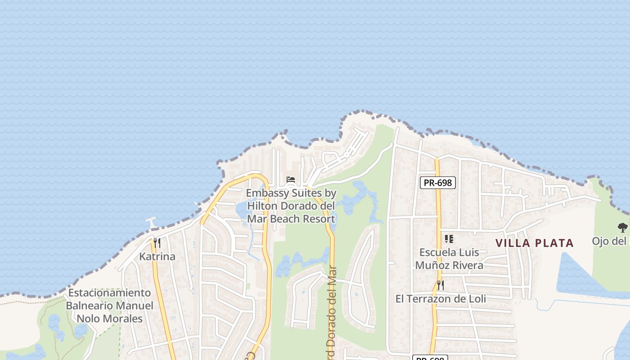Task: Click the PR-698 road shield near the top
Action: click(438, 183)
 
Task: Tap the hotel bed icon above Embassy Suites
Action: click(291, 180)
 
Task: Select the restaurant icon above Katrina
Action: click(157, 243)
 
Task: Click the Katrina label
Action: click(157, 256)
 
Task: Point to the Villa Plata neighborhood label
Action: click(534, 243)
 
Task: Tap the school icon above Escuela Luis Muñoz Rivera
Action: click(449, 239)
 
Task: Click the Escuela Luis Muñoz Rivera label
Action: click(449, 259)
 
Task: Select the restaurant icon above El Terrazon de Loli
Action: click(440, 285)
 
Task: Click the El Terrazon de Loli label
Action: click(441, 299)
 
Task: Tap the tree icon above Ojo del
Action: click(622, 228)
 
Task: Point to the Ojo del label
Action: click(610, 241)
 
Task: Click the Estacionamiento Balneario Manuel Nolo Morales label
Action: click(109, 306)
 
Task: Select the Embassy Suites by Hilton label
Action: click(291, 206)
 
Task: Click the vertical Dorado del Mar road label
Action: click(332, 310)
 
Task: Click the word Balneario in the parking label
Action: click(89, 306)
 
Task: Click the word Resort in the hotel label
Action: click(319, 219)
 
